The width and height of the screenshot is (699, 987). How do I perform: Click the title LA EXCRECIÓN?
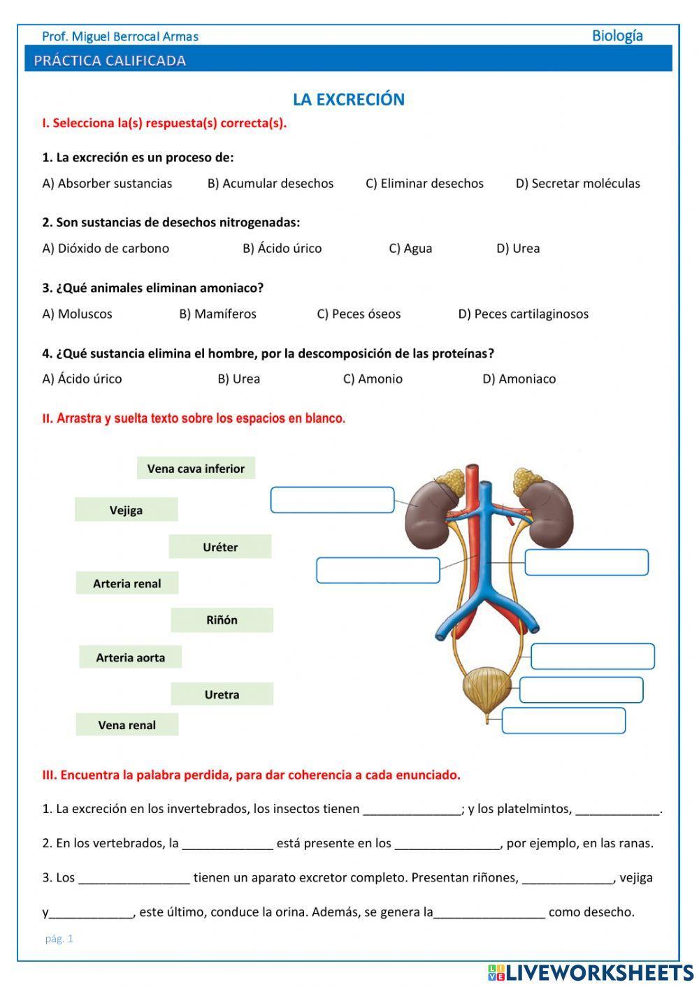pos(348,99)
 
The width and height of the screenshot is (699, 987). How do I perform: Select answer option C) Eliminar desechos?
pos(424,184)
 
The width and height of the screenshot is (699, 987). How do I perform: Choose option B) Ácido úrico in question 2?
pos(282,249)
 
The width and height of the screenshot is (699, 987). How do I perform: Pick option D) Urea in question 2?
pos(518,249)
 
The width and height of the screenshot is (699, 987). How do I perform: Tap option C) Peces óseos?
pos(359,314)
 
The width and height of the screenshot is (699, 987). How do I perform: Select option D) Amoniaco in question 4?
pos(519,379)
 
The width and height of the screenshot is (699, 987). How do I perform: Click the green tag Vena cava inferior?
pos(196,469)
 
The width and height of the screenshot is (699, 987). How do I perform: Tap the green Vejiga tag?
pos(126,510)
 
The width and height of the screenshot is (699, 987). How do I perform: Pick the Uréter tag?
pos(219,547)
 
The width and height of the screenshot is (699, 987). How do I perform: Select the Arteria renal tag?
pos(127,583)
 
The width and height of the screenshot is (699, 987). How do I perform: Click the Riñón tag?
pos(222,620)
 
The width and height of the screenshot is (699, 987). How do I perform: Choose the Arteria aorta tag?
pos(130,657)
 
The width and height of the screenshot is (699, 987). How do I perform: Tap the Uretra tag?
pos(222,694)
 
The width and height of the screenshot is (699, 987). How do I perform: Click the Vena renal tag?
pos(127,725)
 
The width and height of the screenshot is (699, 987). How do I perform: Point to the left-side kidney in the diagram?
pos(428,517)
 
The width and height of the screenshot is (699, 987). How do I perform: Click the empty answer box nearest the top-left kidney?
pos(332,500)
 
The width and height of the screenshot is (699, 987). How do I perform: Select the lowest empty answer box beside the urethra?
pos(563,721)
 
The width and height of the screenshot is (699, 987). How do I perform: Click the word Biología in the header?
pos(617,36)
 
